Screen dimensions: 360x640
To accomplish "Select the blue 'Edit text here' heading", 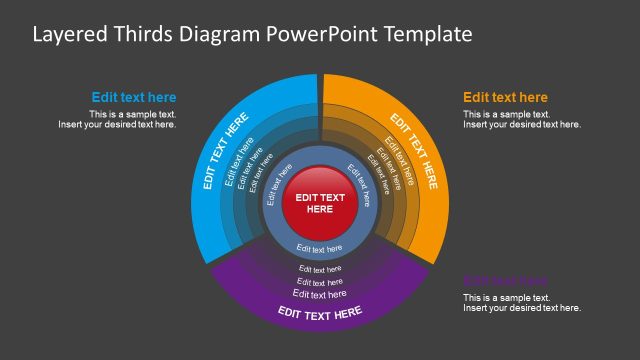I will tap(134, 98).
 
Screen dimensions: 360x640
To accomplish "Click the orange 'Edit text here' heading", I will tap(505, 98).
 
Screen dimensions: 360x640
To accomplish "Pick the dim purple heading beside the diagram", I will tap(505, 281).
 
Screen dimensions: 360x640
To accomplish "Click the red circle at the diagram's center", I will tap(319, 204).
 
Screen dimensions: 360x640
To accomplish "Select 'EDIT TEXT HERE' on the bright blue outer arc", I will tap(225, 151).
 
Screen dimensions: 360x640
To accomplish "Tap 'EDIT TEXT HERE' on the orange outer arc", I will tap(414, 151).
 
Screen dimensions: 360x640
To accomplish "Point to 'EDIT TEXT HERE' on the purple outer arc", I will tap(320, 314).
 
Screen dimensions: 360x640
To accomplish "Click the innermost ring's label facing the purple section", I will tap(320, 249).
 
